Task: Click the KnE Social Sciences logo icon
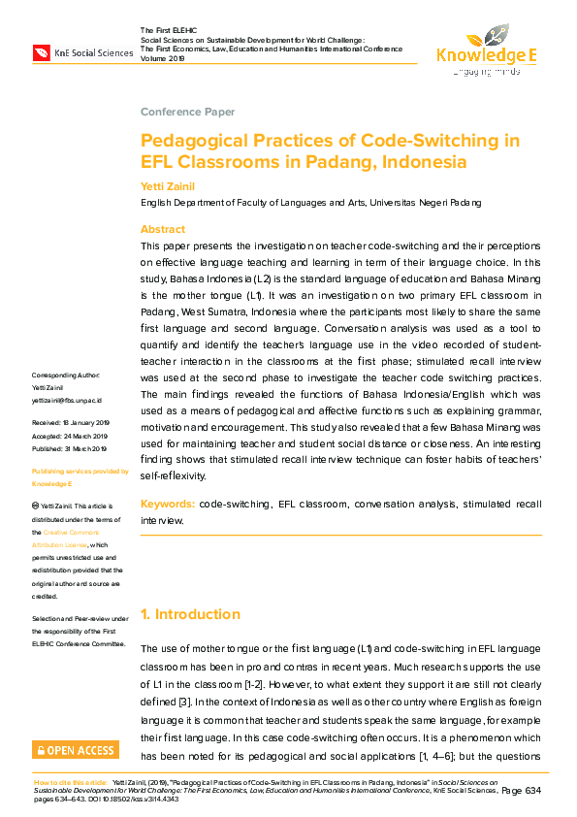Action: (x=43, y=52)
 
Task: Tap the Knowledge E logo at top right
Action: (x=486, y=53)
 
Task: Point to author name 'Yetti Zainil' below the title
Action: (x=166, y=184)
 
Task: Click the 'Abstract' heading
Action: (x=163, y=229)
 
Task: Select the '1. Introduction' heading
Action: (x=190, y=614)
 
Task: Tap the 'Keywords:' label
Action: (x=167, y=505)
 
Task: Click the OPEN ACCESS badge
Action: (x=76, y=750)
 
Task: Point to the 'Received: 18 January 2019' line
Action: (x=72, y=424)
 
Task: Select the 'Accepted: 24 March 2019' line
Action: (x=70, y=436)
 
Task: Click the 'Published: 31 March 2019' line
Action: (x=71, y=447)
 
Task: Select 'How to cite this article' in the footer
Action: (x=70, y=781)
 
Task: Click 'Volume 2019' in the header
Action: (x=164, y=57)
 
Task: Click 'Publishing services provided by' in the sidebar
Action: (x=80, y=471)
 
